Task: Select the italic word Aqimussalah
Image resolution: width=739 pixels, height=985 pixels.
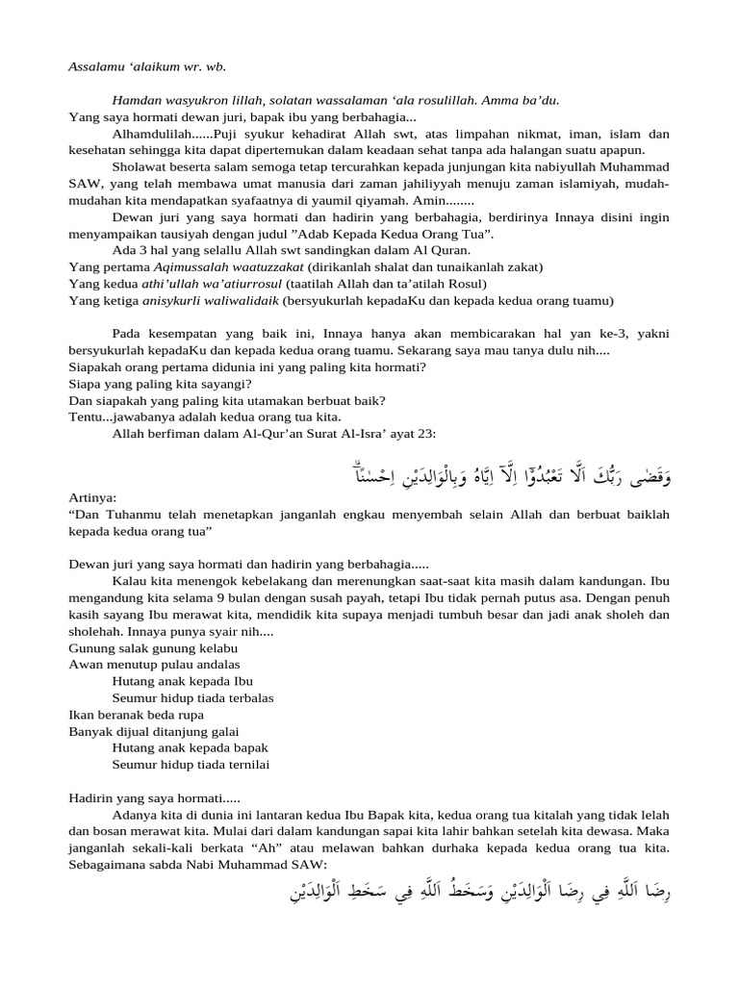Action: click(x=197, y=266)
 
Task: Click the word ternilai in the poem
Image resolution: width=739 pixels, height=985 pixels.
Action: click(x=244, y=764)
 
